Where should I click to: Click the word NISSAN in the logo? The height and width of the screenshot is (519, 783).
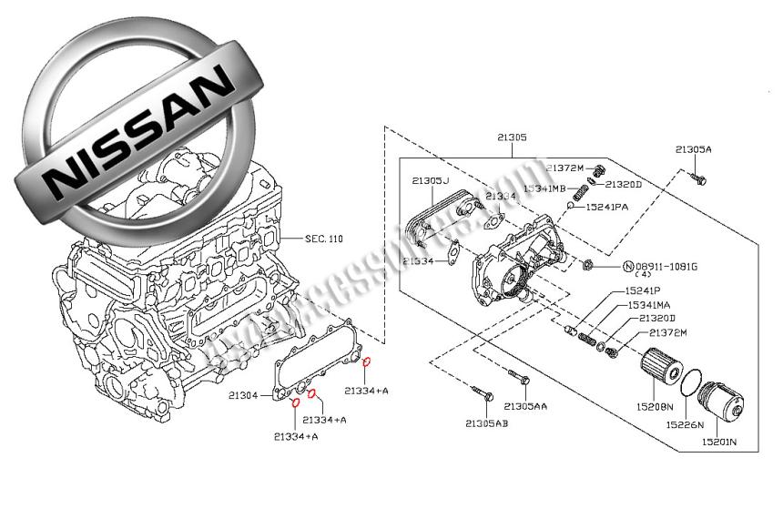click(x=137, y=127)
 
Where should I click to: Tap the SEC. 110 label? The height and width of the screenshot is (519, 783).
click(x=323, y=239)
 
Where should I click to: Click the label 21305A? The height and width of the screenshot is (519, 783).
click(x=694, y=149)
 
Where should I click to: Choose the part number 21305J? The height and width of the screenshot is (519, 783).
click(x=430, y=181)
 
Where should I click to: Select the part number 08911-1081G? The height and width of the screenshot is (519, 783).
click(x=666, y=267)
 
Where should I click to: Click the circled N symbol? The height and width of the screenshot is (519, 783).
click(x=627, y=267)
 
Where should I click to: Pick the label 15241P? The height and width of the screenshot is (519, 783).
click(x=642, y=290)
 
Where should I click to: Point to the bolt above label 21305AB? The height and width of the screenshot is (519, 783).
click(x=483, y=394)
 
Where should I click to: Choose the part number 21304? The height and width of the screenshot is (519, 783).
click(x=242, y=396)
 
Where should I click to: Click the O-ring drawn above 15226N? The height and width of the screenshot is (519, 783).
click(x=692, y=381)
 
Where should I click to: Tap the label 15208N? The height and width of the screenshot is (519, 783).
click(x=656, y=406)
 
